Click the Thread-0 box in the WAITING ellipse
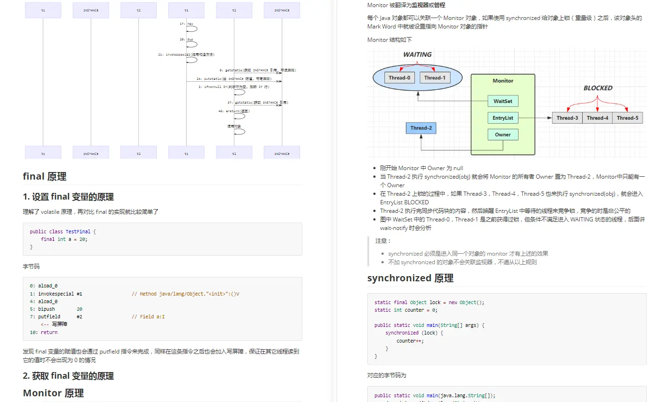pyautogui.click(x=399, y=77)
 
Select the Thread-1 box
pyautogui.click(x=435, y=77)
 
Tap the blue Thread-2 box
pyautogui.click(x=421, y=128)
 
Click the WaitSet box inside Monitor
pyautogui.click(x=503, y=101)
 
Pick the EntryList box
pyautogui.click(x=503, y=118)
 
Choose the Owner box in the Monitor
pyautogui.click(x=503, y=134)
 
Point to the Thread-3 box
pyautogui.click(x=567, y=118)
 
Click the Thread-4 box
pyautogui.click(x=597, y=118)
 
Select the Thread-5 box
pyautogui.click(x=627, y=118)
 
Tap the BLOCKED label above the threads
pyautogui.click(x=598, y=88)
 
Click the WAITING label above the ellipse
pyautogui.click(x=417, y=55)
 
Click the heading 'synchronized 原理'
pyautogui.click(x=410, y=278)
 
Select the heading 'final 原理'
pyautogui.click(x=45, y=176)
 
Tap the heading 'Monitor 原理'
pyautogui.click(x=53, y=393)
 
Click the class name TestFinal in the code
pyautogui.click(x=78, y=231)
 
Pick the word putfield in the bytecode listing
pyautogui.click(x=49, y=316)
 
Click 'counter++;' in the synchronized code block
pyautogui.click(x=410, y=341)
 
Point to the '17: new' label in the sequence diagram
pyautogui.click(x=187, y=23)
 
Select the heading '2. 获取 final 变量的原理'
pyautogui.click(x=68, y=376)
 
